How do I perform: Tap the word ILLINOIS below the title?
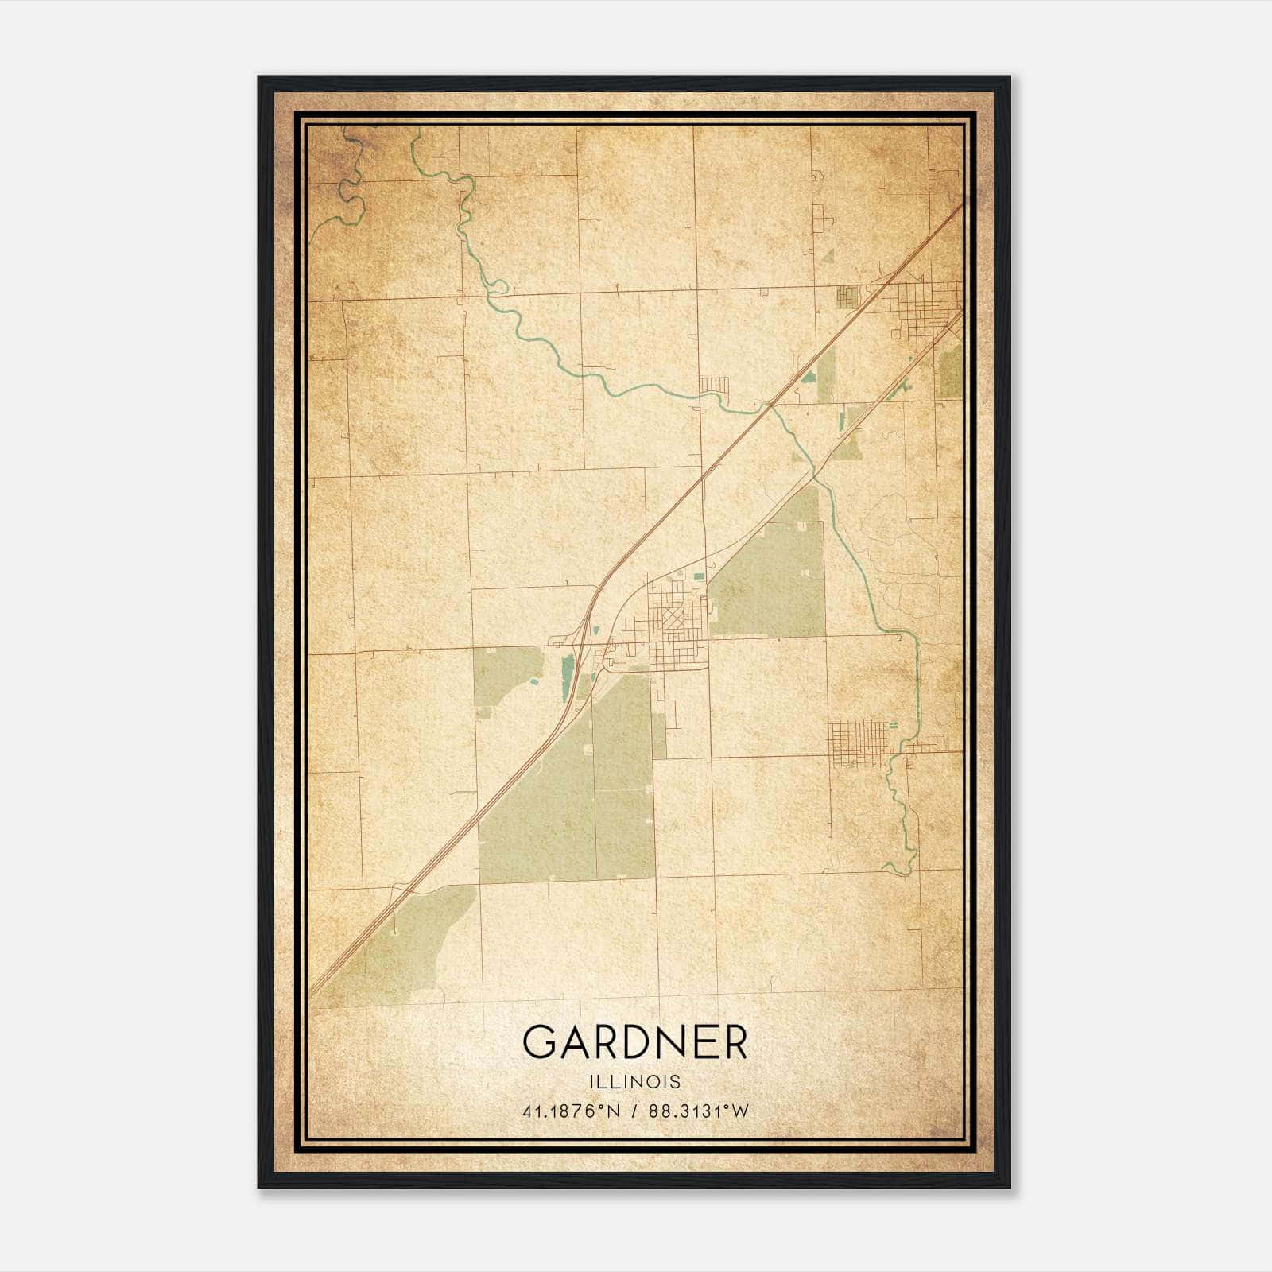(634, 1082)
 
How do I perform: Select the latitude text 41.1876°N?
(570, 1111)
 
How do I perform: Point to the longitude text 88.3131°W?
(698, 1111)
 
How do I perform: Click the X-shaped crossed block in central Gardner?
(675, 619)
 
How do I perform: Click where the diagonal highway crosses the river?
(770, 405)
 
